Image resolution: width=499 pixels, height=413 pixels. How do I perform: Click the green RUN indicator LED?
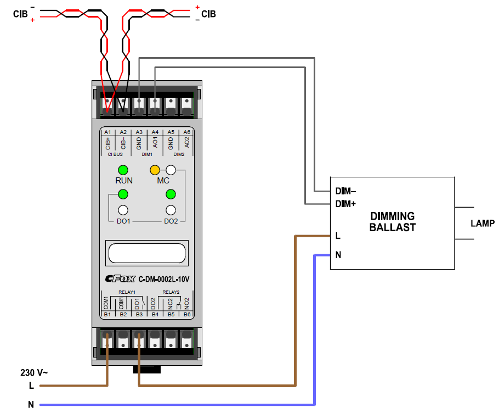123,170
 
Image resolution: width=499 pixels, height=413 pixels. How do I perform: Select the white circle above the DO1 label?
123,209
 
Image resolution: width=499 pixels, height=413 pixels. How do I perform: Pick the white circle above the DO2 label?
171,209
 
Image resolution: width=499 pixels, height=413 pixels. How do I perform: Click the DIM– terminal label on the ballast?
345,192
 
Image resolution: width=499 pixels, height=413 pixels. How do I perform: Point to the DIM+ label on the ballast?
345,204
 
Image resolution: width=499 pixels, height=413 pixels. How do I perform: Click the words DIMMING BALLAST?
393,222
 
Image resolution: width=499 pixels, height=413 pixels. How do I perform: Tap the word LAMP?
483,224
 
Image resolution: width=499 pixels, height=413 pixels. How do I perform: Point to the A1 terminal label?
107,132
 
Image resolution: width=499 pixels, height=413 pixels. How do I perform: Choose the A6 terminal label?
187,132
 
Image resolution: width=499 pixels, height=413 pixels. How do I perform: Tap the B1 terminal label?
107,315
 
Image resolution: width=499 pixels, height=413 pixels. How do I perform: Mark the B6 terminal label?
187,315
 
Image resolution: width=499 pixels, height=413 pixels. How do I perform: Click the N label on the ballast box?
338,255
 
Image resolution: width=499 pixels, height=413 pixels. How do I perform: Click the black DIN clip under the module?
146,369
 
